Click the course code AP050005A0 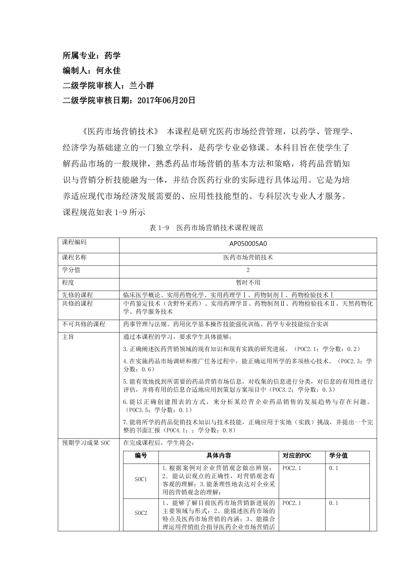(248, 244)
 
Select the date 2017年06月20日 (166, 101)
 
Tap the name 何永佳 (108, 70)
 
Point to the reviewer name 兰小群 (142, 86)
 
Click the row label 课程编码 (74, 242)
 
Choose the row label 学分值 (71, 270)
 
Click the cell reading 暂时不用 (248, 283)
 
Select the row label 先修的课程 (77, 295)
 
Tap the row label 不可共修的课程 (83, 324)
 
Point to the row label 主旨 (68, 337)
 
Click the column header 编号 (141, 456)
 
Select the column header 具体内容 (219, 456)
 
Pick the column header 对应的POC (297, 456)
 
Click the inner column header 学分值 (338, 456)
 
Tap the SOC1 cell (141, 479)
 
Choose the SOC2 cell (141, 513)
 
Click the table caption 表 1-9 (159, 228)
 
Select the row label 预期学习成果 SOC (86, 443)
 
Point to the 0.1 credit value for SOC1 (334, 468)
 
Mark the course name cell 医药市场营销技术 (248, 257)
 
